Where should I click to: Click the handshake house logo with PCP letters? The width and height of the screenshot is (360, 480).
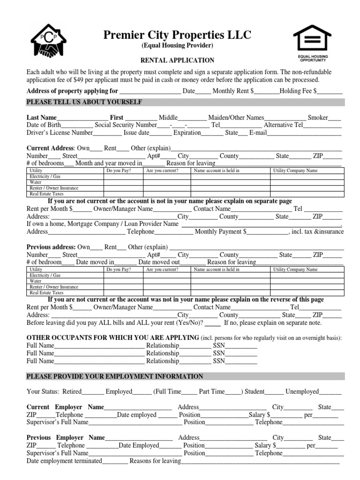point(49,42)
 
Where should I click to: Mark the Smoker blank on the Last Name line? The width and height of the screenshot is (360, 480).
point(334,118)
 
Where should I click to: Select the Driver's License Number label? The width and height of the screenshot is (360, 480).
point(57,133)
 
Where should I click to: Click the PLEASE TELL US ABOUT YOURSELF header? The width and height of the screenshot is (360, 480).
point(84,102)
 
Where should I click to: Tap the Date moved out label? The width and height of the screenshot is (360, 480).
point(159,262)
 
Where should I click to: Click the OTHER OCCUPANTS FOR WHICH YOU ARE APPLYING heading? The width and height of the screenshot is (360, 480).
point(113,338)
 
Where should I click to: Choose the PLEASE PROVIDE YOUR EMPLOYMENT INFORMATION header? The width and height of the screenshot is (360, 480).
point(115,376)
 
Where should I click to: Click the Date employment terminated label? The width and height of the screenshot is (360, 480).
point(64,461)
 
